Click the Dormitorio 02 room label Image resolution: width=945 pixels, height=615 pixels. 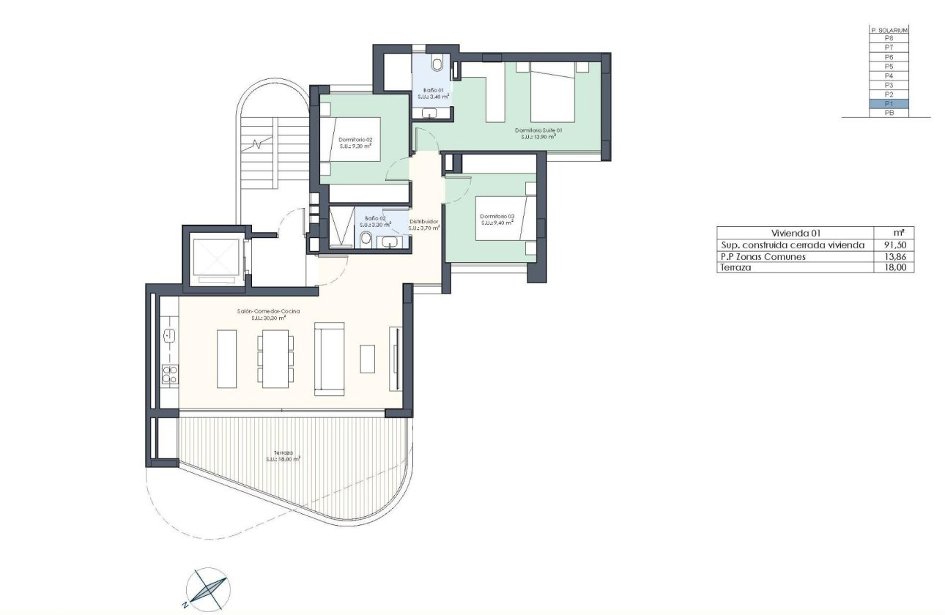tap(356, 139)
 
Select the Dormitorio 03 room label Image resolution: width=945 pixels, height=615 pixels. tap(497, 216)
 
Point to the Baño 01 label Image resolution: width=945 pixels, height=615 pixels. tap(434, 90)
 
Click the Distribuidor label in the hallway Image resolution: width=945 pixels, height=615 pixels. tap(423, 221)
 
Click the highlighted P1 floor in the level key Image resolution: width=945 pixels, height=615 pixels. tap(889, 104)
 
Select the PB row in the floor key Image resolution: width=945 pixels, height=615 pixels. tap(889, 113)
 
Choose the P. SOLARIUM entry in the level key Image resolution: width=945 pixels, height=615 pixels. tap(889, 30)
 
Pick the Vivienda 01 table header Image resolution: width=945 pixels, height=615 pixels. tap(796, 233)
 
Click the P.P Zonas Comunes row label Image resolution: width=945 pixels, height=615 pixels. tap(764, 257)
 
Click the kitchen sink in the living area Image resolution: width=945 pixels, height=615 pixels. tap(169, 335)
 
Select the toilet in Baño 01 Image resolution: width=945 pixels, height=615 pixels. tap(437, 65)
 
